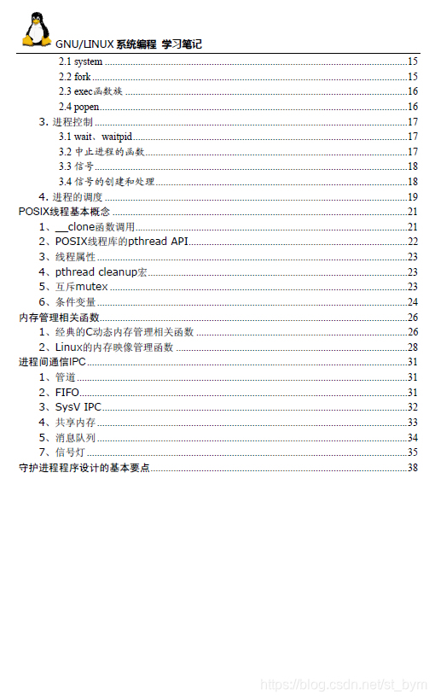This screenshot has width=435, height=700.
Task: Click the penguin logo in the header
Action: click(x=35, y=30)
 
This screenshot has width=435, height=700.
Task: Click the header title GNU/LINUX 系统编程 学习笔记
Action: click(x=129, y=44)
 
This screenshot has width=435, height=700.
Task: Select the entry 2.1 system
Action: click(x=81, y=61)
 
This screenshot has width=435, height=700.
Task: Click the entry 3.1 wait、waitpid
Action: click(x=96, y=137)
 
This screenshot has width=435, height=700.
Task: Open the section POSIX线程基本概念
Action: click(x=64, y=212)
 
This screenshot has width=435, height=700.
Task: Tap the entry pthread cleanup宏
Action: click(x=101, y=272)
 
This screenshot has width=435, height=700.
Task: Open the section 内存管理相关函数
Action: click(x=59, y=318)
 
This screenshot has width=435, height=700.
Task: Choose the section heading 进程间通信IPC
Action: click(x=53, y=362)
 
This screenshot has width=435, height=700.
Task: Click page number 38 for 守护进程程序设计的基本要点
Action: click(x=412, y=468)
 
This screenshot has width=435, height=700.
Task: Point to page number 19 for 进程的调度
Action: click(x=412, y=197)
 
